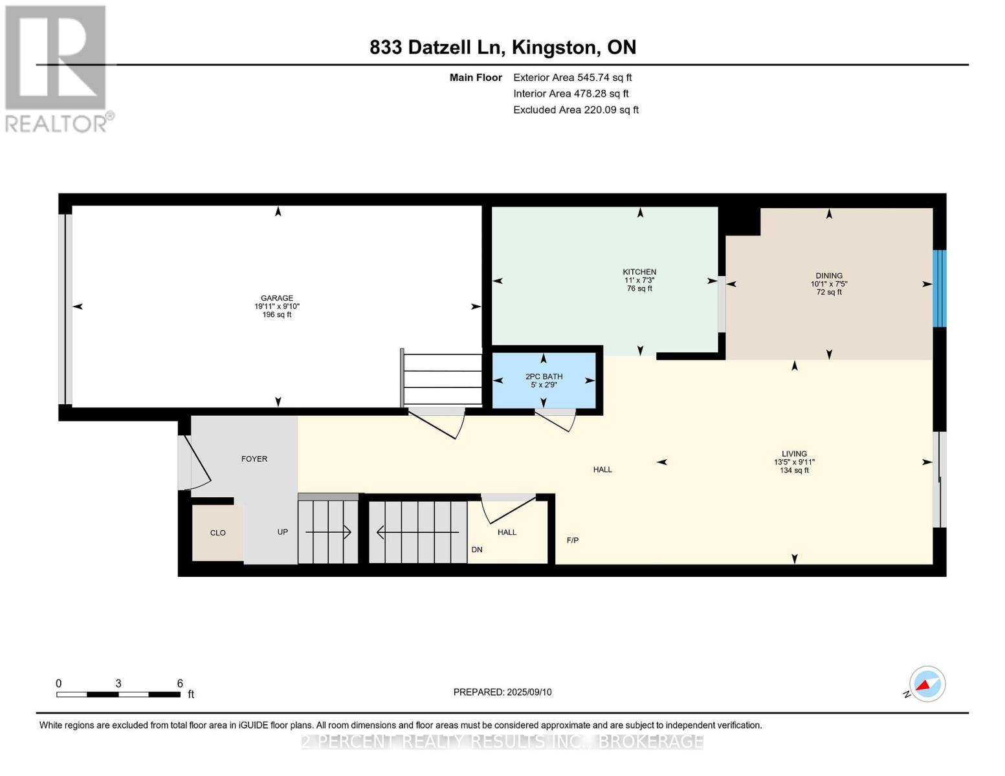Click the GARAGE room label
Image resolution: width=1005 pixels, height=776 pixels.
(x=276, y=298)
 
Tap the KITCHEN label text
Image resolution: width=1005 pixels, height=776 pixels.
(x=639, y=272)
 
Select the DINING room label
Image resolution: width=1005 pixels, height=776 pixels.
(x=829, y=275)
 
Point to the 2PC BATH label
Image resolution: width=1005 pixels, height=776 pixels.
(x=544, y=376)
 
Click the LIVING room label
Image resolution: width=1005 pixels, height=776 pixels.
(x=794, y=454)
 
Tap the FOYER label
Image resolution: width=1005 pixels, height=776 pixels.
(x=254, y=459)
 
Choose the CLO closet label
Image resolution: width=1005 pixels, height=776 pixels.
(x=218, y=533)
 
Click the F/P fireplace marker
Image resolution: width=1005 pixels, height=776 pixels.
(x=573, y=540)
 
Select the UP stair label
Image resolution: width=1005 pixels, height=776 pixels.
(x=283, y=532)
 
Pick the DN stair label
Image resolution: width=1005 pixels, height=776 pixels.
(x=477, y=550)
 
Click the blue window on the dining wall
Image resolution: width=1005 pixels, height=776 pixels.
(x=940, y=288)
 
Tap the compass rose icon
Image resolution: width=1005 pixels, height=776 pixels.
(x=927, y=684)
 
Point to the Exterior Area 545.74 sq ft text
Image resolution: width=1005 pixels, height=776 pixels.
(x=572, y=78)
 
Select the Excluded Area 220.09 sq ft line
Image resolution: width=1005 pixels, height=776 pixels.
(x=576, y=110)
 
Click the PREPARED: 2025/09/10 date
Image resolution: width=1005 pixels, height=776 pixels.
(x=502, y=693)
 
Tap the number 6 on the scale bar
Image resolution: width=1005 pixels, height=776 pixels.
(x=180, y=684)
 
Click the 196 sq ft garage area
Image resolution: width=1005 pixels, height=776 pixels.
(x=276, y=315)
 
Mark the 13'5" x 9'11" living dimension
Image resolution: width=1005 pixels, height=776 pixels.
(x=794, y=462)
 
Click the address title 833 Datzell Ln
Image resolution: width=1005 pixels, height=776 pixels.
(x=437, y=48)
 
